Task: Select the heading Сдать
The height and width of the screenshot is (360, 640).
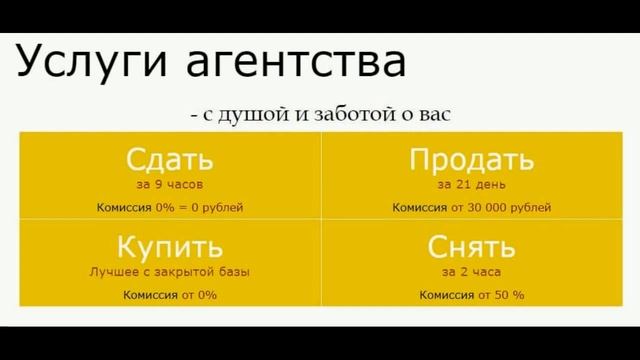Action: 170,160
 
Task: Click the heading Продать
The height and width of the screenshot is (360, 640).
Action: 471,160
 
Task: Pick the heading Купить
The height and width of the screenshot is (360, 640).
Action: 170,246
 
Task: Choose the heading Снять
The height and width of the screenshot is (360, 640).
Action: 471,246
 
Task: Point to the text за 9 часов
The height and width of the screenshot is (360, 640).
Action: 170,184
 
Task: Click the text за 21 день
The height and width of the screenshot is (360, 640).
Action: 471,184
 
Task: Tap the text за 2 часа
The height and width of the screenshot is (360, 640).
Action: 471,271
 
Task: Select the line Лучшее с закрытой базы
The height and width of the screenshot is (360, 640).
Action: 170,271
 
